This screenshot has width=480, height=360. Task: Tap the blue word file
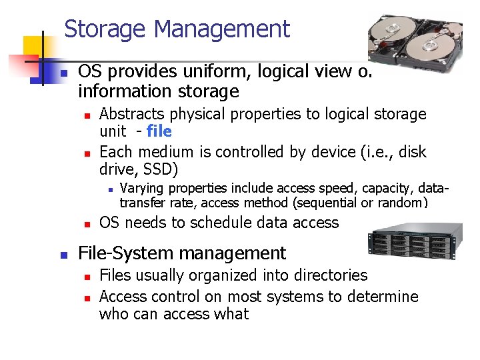point(159,131)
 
